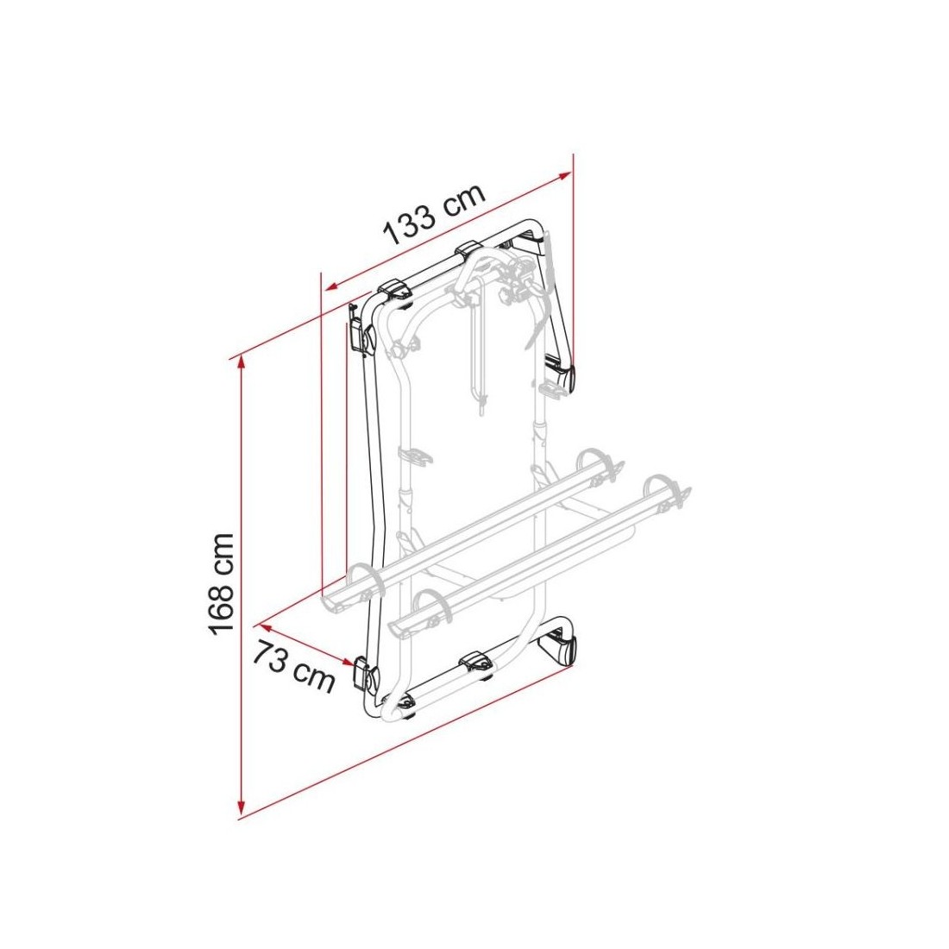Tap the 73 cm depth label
point(292,667)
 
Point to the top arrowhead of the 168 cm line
point(242,362)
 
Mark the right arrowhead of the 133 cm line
point(565,177)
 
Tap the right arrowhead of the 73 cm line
point(348,662)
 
